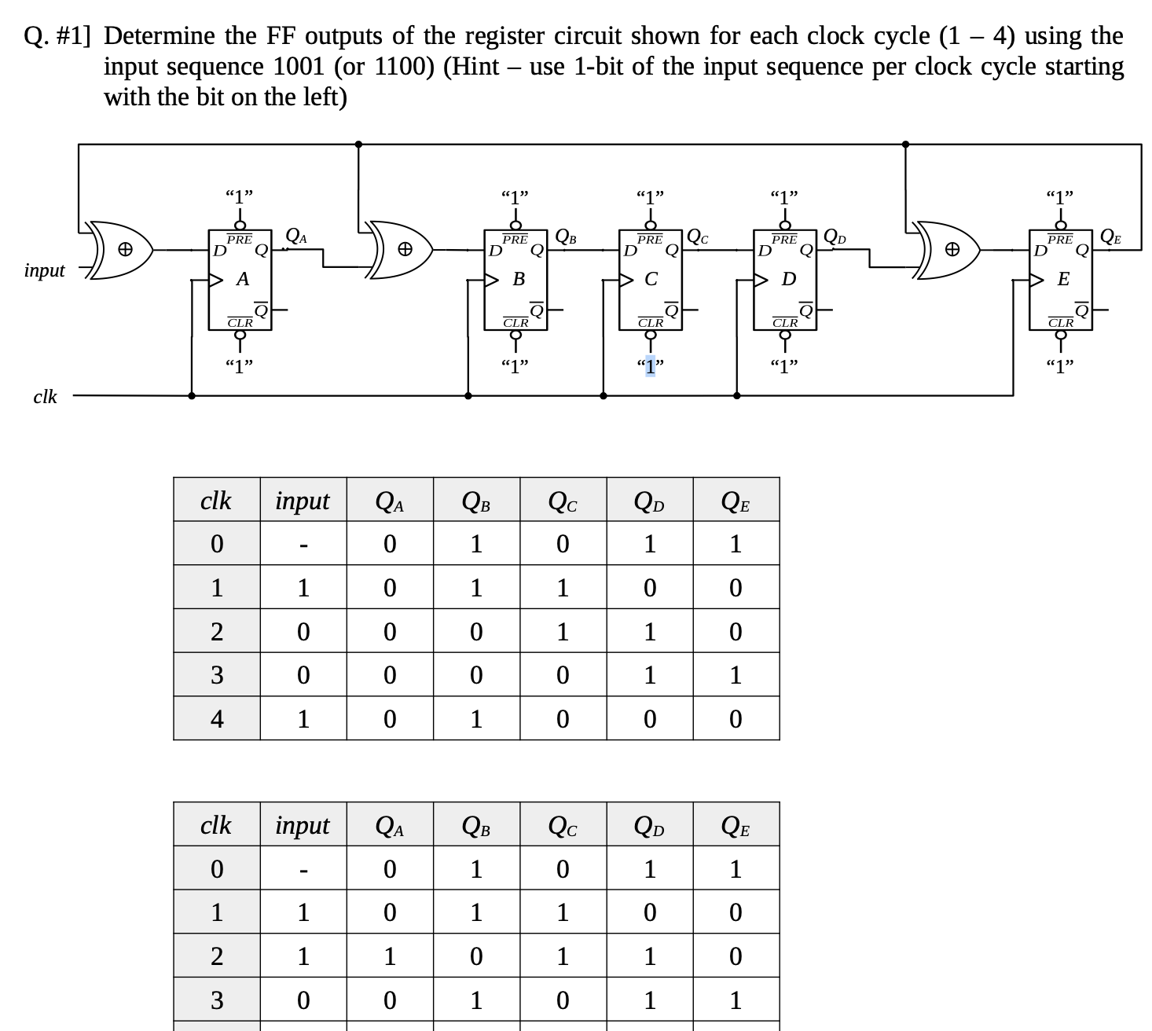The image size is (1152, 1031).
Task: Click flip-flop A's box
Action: click(240, 279)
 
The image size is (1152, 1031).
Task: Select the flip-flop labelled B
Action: click(515, 279)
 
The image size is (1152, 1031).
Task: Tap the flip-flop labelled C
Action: click(650, 279)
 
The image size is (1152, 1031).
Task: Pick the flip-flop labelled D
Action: click(784, 279)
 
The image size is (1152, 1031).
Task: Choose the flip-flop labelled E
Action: click(1061, 279)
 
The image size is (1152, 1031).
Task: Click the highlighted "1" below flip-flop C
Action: click(650, 365)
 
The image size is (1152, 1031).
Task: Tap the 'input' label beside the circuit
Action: click(45, 270)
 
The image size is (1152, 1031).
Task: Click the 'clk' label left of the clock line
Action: click(45, 397)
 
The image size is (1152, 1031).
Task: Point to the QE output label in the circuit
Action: click(1110, 235)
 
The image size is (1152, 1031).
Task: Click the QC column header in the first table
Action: click(563, 501)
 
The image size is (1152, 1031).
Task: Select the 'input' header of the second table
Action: click(303, 825)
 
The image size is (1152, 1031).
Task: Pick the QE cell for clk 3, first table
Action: click(736, 675)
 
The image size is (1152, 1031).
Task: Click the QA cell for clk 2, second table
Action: click(390, 956)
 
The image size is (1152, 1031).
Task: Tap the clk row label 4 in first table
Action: click(217, 719)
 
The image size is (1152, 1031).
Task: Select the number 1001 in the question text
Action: click(299, 67)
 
